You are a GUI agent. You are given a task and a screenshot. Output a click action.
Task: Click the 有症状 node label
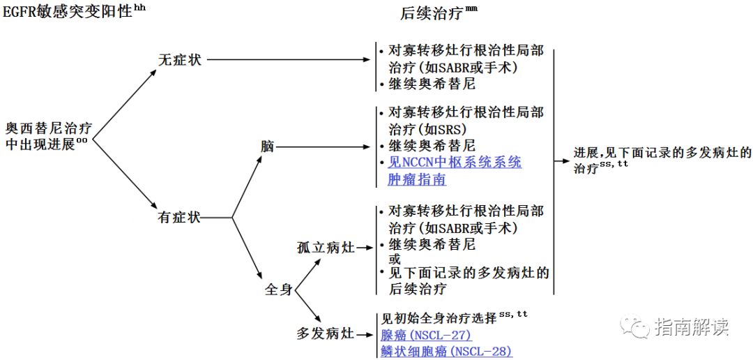click(180, 218)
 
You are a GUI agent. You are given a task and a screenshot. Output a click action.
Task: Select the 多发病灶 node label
click(326, 333)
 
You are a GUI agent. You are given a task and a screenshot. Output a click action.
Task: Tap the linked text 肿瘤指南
click(417, 179)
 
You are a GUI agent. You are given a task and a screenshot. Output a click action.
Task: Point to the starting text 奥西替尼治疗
click(49, 130)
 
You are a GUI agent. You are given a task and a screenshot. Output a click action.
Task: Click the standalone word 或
click(395, 259)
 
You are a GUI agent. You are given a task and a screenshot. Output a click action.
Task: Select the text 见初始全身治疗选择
click(436, 318)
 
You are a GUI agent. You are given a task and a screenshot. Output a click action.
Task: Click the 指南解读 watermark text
click(692, 326)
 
